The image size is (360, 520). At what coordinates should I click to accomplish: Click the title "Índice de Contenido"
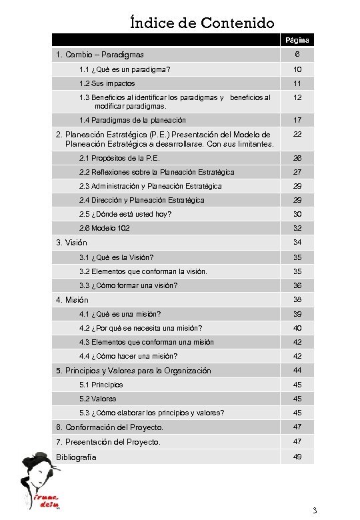(202, 23)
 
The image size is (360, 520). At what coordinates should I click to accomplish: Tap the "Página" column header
(297, 41)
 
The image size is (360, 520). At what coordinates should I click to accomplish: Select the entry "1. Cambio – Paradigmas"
(100, 55)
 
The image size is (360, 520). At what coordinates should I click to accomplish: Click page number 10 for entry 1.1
(297, 69)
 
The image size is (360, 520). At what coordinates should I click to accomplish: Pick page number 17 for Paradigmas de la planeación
(297, 120)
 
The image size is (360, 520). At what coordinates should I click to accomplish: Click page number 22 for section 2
(297, 135)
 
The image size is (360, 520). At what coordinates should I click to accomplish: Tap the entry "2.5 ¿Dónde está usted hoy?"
(125, 214)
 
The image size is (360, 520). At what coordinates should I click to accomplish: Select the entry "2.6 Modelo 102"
(105, 228)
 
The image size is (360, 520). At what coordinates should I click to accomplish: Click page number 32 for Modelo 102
(297, 228)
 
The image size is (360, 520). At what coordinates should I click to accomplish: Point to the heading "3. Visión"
(71, 243)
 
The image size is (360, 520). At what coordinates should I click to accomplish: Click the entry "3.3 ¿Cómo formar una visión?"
(128, 285)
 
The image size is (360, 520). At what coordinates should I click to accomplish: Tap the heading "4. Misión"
(72, 300)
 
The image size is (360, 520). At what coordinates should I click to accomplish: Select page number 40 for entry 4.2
(297, 328)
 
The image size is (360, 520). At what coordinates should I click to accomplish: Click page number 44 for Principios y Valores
(297, 371)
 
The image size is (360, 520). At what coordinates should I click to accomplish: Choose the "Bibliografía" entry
(76, 457)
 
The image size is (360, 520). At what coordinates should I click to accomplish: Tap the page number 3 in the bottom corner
(315, 511)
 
